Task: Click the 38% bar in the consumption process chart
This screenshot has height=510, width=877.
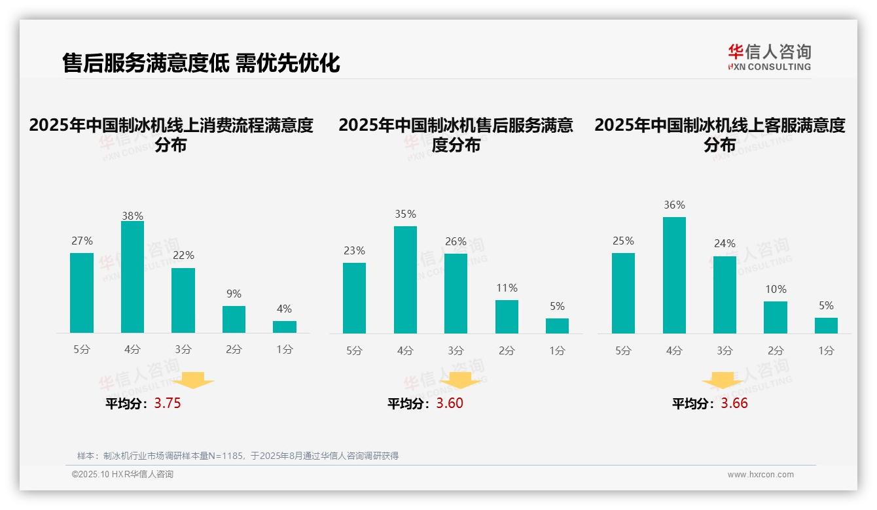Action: [x=132, y=277]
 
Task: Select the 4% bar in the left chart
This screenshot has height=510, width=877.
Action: [x=285, y=327]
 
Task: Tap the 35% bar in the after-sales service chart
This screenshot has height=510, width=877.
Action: [x=405, y=280]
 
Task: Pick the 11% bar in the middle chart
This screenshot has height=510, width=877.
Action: [x=507, y=317]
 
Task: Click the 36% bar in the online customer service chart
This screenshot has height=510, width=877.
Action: [x=674, y=275]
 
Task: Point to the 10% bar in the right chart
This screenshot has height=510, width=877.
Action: [x=776, y=318]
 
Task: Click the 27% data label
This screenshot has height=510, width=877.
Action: [x=82, y=241]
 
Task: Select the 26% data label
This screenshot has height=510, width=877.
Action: [x=456, y=242]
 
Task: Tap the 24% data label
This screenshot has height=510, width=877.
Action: [x=725, y=244]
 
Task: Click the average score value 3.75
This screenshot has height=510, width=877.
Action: [x=168, y=403]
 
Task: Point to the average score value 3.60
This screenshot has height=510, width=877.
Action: [x=450, y=403]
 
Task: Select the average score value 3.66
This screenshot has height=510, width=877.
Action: [x=734, y=403]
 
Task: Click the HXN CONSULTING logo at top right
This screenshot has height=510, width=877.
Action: [x=769, y=58]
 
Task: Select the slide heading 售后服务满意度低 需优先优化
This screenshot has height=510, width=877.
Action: [x=201, y=63]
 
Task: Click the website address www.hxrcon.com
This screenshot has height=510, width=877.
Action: [x=761, y=475]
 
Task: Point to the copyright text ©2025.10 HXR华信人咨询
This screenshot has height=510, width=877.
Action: [x=122, y=475]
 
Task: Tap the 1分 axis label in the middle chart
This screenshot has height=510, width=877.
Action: [x=557, y=351]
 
